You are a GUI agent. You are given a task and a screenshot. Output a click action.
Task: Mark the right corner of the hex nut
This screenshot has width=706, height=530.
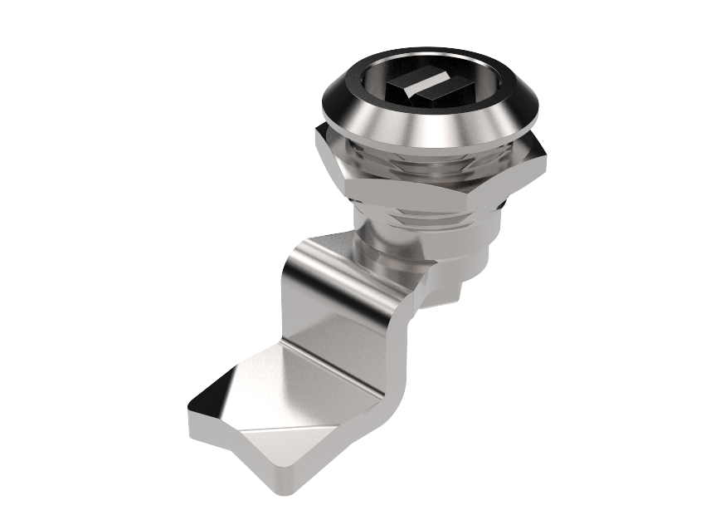click(x=543, y=153)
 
